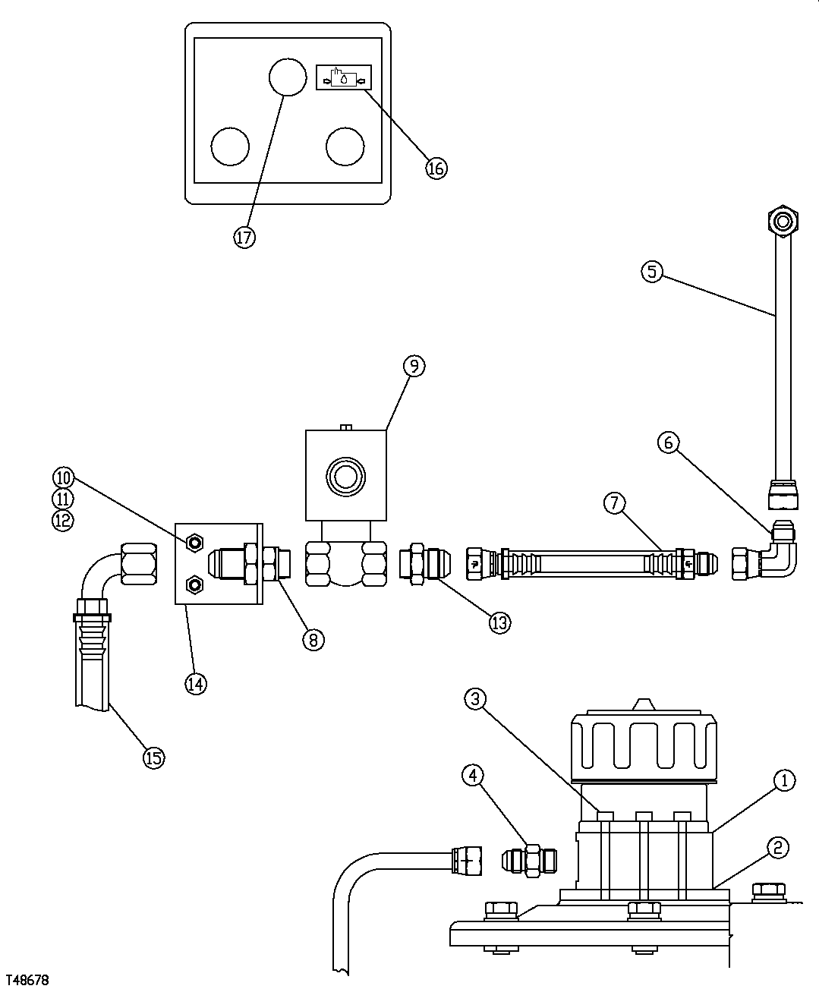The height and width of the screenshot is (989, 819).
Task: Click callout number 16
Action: pyautogui.click(x=436, y=168)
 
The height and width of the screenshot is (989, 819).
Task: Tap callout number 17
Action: pyautogui.click(x=244, y=238)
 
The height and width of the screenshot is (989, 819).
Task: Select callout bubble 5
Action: pyautogui.click(x=652, y=271)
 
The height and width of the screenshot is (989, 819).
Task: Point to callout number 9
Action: pyautogui.click(x=414, y=366)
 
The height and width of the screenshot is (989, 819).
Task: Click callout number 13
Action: pyautogui.click(x=499, y=622)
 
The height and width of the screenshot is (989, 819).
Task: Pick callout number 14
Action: pyautogui.click(x=196, y=683)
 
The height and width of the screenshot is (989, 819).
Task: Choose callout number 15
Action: pyautogui.click(x=154, y=757)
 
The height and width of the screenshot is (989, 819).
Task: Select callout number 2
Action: pyautogui.click(x=777, y=848)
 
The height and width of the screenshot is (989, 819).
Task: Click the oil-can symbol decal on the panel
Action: pyautogui.click(x=344, y=77)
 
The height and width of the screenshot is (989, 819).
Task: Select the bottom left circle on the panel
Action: pyautogui.click(x=230, y=146)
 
